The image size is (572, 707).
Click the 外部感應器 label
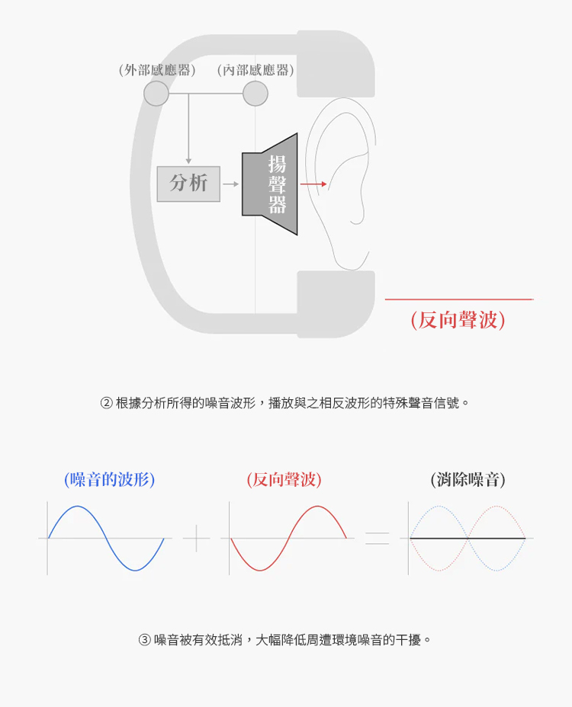pos(157,70)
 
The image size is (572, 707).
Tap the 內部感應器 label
pos(255,70)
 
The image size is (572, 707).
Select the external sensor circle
pos(156,94)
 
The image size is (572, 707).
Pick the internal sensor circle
pos(255,94)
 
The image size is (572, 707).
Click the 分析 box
pos(188,184)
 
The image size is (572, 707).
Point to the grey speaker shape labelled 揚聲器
pos(270,184)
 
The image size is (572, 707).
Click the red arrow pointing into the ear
pos(313,184)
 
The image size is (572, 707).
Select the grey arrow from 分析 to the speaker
pos(230,184)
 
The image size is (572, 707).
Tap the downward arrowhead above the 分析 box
pos(188,161)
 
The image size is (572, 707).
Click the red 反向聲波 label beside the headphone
pos(458,320)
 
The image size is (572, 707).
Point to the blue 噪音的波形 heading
pos(110,479)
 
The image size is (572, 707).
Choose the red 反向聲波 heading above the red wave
pos(284,479)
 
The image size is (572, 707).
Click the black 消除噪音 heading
pos(468,479)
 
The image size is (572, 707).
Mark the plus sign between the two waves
pos(196,538)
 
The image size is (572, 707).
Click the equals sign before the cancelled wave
pos(377,539)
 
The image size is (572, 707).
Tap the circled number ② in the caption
pos(106,403)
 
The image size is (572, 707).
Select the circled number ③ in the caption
pos(144,640)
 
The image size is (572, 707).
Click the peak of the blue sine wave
pos(78,507)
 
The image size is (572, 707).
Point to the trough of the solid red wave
pos(260,571)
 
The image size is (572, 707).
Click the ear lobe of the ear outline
pos(357,219)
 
